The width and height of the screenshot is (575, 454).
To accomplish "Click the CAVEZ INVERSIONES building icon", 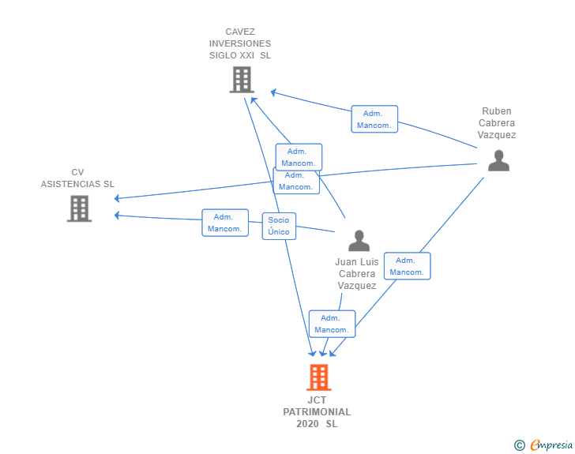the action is pyautogui.click(x=242, y=79).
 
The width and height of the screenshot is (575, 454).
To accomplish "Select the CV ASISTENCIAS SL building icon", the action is pyautogui.click(x=79, y=208).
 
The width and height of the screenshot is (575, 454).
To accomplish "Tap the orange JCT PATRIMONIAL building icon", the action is pyautogui.click(x=318, y=377).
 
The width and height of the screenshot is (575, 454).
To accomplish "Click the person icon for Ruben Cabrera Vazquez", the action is pyautogui.click(x=498, y=160).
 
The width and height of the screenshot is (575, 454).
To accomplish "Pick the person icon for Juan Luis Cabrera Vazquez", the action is pyautogui.click(x=359, y=241).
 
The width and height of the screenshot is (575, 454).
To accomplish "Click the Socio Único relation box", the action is pyautogui.click(x=279, y=226).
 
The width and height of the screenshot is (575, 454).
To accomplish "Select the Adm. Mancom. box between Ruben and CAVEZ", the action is pyautogui.click(x=374, y=119).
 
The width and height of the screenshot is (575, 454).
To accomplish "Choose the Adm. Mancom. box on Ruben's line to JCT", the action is pyautogui.click(x=407, y=266).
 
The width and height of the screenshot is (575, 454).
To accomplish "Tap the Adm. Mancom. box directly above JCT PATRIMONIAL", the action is pyautogui.click(x=332, y=324).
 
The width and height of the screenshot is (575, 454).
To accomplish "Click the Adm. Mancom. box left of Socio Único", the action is pyautogui.click(x=225, y=223).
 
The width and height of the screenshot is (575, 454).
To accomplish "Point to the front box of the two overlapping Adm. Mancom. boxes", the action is pyautogui.click(x=299, y=157).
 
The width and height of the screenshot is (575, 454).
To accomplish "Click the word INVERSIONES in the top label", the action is pyautogui.click(x=240, y=43).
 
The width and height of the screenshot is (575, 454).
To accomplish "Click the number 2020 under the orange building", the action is pyautogui.click(x=307, y=424).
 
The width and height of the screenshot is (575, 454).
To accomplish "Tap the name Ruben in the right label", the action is pyautogui.click(x=497, y=111).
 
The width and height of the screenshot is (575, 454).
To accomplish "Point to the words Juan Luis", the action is pyautogui.click(x=356, y=262).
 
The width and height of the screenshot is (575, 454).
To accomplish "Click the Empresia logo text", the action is pyautogui.click(x=551, y=445).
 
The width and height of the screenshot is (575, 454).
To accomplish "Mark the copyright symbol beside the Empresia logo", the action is pyautogui.click(x=520, y=445).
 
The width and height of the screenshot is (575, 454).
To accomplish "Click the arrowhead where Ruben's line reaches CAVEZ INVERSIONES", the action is pyautogui.click(x=273, y=92).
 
